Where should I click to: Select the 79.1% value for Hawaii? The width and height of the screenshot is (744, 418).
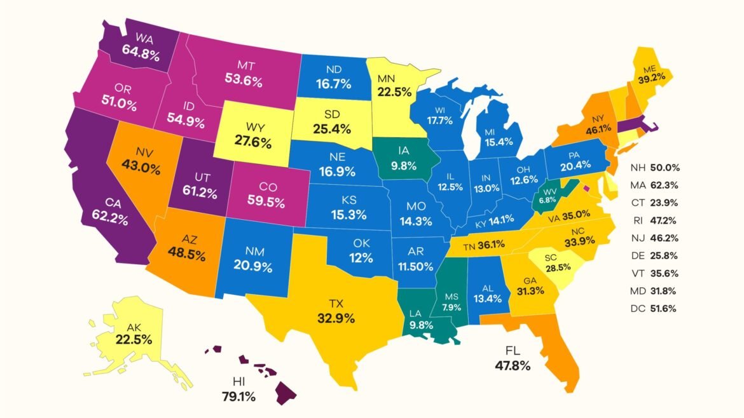point(238,397)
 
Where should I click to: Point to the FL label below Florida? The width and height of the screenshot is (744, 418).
point(513,351)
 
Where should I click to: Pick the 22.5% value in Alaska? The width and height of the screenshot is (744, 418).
point(134,340)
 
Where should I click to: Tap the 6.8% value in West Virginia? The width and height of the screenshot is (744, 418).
point(547,200)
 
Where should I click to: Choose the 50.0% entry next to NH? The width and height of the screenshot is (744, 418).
point(665,168)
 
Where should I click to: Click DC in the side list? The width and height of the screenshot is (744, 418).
point(638,309)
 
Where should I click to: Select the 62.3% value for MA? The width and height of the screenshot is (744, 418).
point(665,185)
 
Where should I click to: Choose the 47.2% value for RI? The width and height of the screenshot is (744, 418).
point(665,220)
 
